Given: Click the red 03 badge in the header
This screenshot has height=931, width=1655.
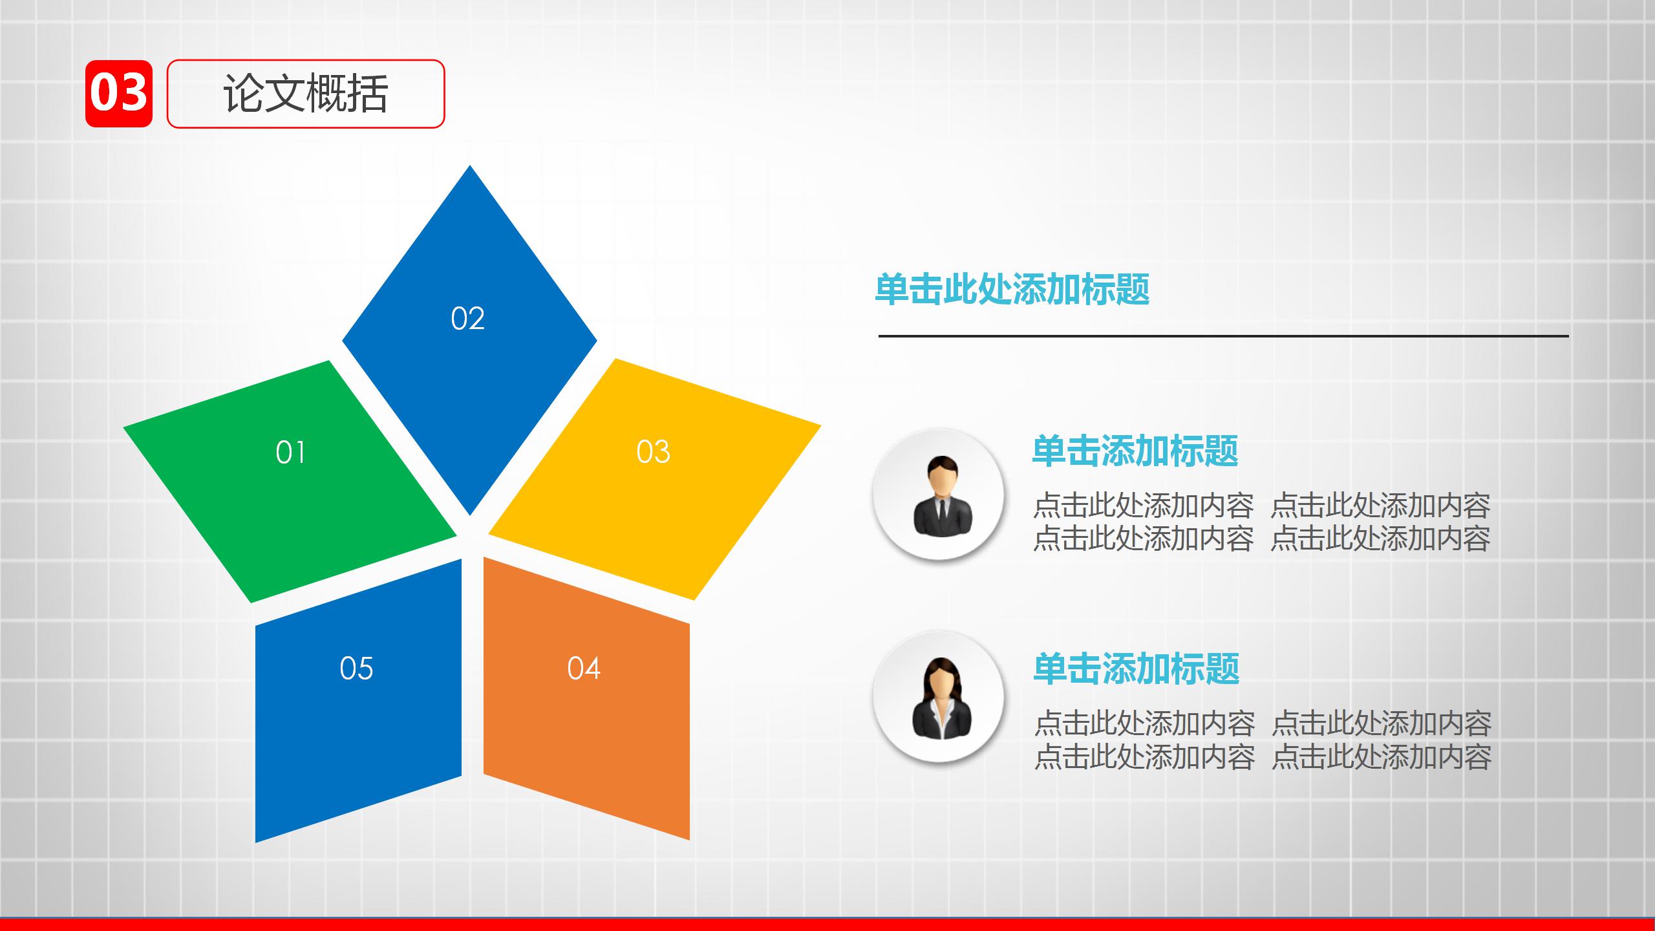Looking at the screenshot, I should [119, 94].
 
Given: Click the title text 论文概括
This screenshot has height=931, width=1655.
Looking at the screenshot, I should [305, 94].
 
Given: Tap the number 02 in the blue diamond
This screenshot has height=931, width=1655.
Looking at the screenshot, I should [467, 319].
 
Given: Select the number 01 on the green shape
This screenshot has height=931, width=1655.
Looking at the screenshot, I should [290, 452].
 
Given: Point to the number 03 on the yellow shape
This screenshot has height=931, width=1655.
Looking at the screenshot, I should [653, 451].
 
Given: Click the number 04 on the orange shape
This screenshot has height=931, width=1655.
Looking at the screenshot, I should [584, 668].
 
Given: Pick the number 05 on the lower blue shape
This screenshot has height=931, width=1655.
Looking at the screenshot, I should [356, 668].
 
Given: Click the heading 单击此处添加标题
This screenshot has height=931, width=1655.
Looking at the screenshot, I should [1012, 289].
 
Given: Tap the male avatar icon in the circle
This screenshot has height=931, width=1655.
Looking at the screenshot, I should [942, 497].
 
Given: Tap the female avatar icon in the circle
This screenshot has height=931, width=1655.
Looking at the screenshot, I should [941, 698].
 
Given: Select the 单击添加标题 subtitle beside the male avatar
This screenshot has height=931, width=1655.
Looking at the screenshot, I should [1135, 451].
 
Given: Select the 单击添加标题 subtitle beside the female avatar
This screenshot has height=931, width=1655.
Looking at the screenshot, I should [1136, 669].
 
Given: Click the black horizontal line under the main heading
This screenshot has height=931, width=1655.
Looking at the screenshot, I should [1222, 336].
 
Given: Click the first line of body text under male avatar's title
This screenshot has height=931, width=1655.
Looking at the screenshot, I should [1261, 506].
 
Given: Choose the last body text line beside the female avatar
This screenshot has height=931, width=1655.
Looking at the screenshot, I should [1262, 756].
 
